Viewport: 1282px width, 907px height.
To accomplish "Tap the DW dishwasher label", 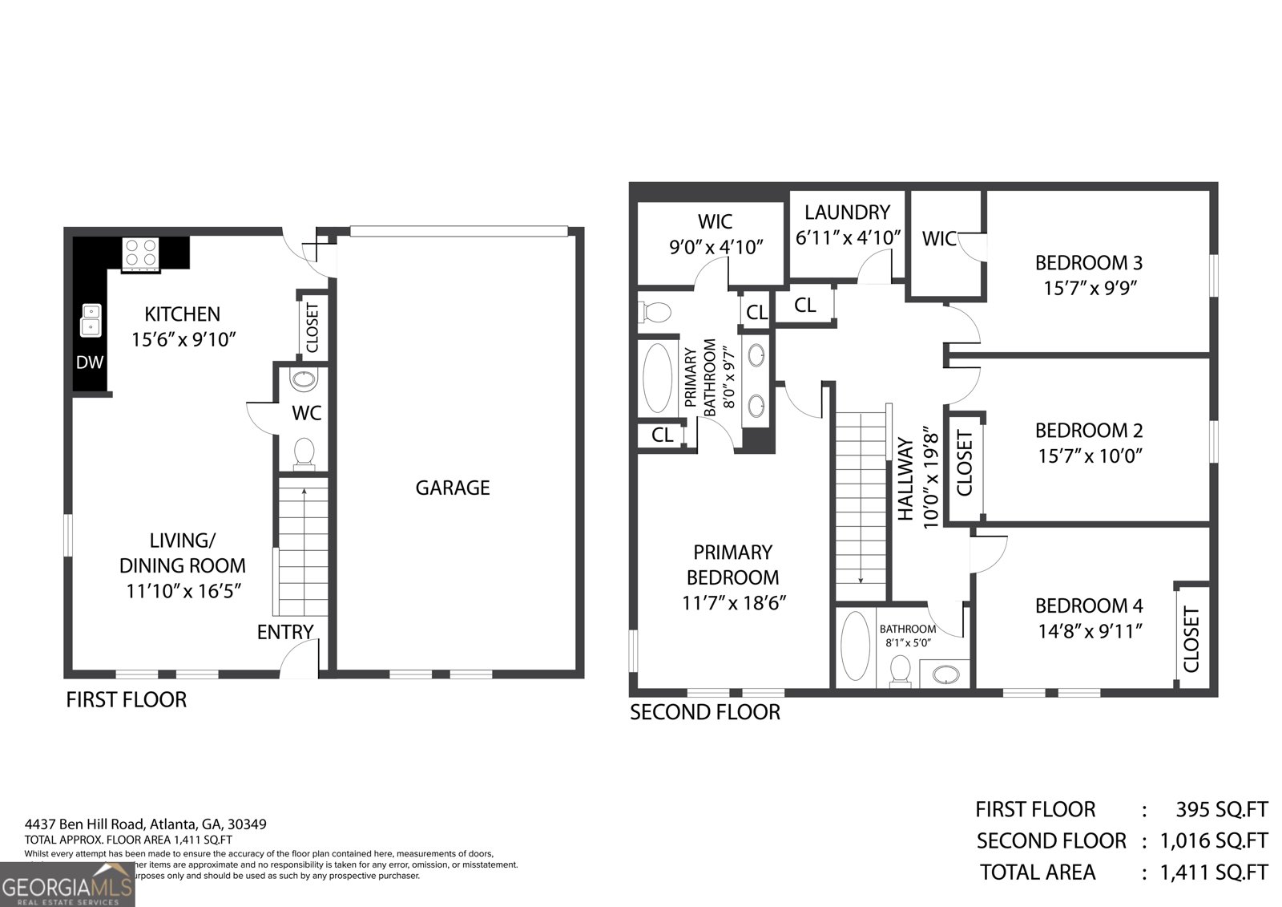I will click(90, 362).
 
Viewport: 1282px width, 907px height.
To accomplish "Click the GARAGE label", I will click(452, 488).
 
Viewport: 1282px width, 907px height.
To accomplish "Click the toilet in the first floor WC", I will click(304, 452).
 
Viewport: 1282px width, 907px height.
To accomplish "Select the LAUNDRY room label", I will click(847, 213).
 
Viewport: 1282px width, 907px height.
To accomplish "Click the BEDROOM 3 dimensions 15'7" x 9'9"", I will click(1089, 288).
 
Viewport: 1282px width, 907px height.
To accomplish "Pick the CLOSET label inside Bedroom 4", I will click(1191, 639).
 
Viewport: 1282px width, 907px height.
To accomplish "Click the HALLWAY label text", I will click(905, 479).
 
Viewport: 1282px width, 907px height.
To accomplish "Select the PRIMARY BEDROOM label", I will click(732, 565).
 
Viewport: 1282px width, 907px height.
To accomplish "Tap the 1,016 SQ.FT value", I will click(1214, 840).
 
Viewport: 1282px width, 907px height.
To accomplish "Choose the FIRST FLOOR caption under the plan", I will click(126, 699).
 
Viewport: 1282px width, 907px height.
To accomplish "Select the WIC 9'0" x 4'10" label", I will click(715, 233).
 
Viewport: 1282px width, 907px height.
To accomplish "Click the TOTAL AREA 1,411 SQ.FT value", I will click(1214, 872).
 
